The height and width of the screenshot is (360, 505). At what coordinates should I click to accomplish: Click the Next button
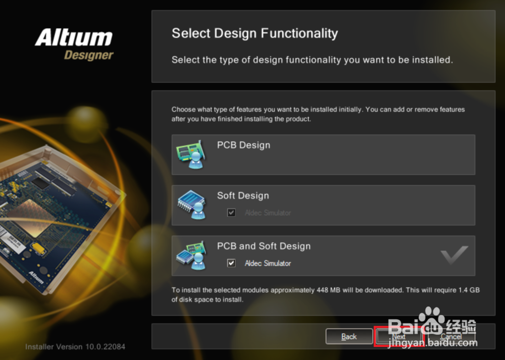[x=398, y=336]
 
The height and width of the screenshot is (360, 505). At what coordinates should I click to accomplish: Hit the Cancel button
[x=451, y=336]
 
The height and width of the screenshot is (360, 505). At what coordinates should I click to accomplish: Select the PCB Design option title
[x=243, y=145]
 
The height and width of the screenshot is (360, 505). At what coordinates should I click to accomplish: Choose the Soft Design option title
[x=243, y=196]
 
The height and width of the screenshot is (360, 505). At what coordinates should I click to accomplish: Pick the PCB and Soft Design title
[x=264, y=246]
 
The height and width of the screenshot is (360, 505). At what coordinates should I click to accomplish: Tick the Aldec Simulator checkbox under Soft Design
[x=231, y=213]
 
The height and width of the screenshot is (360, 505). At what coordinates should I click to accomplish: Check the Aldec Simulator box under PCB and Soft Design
[x=231, y=263]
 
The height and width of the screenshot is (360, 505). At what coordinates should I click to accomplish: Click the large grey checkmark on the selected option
[x=454, y=255]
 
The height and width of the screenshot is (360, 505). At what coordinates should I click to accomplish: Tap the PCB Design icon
[x=190, y=155]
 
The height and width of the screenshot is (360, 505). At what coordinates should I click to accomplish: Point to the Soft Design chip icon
[x=190, y=205]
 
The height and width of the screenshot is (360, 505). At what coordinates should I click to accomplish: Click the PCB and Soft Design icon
[x=190, y=255]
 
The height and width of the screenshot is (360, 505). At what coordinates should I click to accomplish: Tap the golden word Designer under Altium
[x=89, y=55]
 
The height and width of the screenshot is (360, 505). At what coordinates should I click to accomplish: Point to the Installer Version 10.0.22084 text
[x=75, y=347]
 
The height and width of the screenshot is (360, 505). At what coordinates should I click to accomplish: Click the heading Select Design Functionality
[x=255, y=34]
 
